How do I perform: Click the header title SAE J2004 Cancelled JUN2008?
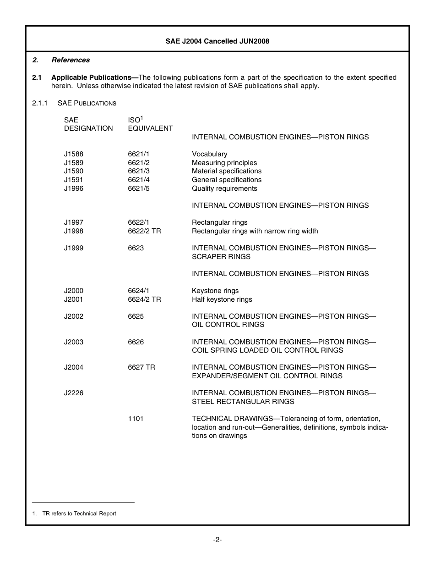click(x=217, y=41)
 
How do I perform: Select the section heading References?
click(x=71, y=60)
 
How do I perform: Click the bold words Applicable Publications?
click(x=94, y=77)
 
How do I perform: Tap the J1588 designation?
click(x=74, y=154)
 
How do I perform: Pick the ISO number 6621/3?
click(x=139, y=171)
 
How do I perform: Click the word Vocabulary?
click(x=209, y=154)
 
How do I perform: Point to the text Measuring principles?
click(x=224, y=163)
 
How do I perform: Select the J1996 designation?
click(x=74, y=188)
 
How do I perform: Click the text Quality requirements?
click(x=224, y=188)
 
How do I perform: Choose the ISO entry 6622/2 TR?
click(x=144, y=231)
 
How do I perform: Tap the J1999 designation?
click(x=74, y=248)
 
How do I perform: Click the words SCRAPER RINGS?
click(x=221, y=257)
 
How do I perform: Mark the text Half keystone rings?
click(x=222, y=299)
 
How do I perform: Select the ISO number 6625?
click(x=136, y=316)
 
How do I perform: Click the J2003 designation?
click(x=74, y=342)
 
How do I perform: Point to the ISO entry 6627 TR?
click(x=141, y=367)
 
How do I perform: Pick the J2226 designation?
click(x=74, y=393)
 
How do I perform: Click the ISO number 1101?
click(x=136, y=419)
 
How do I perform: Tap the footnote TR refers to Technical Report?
click(x=79, y=514)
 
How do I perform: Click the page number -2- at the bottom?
click(x=217, y=540)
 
